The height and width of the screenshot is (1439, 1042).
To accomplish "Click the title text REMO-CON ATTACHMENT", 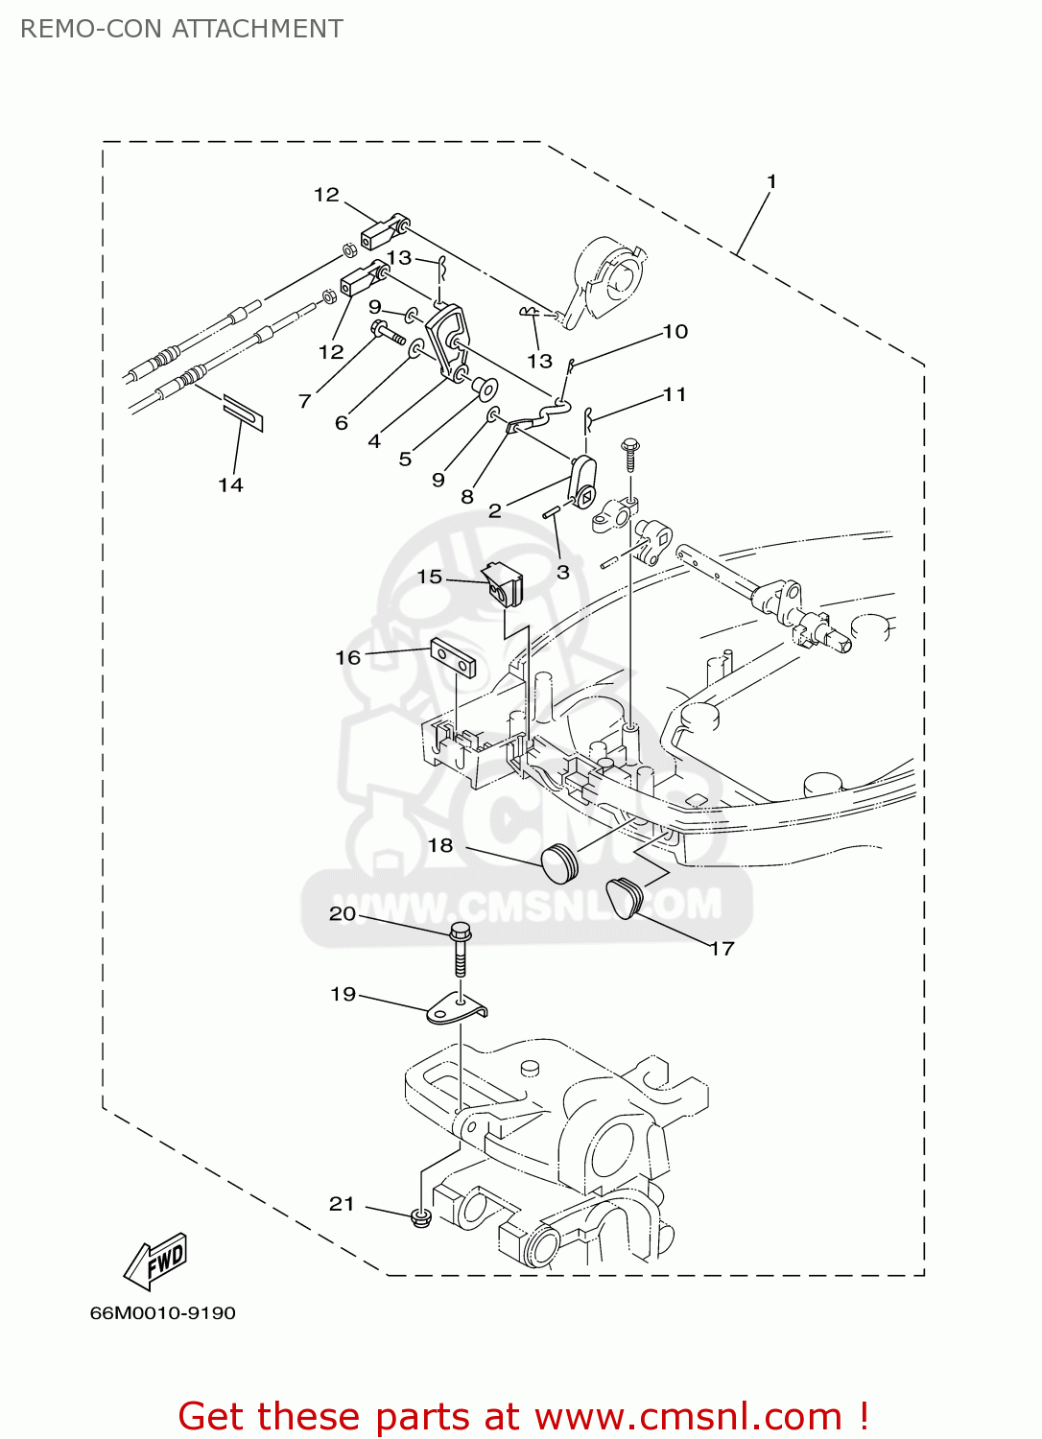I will click(181, 29).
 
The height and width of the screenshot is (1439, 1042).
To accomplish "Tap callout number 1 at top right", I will click(770, 181).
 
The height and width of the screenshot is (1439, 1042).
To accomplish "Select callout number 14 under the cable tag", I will click(230, 485).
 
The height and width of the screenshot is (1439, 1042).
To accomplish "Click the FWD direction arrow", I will click(156, 1261).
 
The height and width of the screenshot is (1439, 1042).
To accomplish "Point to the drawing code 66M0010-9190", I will click(162, 1313).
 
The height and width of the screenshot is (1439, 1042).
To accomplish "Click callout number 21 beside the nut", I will click(342, 1204).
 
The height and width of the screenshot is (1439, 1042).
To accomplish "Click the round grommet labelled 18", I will click(559, 862).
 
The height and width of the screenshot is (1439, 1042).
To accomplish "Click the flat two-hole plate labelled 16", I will click(453, 659).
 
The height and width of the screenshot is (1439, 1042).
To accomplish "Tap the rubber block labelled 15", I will click(504, 583).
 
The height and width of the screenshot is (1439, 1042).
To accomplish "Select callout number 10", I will click(675, 332).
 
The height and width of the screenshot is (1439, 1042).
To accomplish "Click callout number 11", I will click(675, 394).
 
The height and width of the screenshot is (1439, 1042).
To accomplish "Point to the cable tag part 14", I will click(243, 412).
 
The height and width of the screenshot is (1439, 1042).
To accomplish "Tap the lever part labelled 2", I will click(582, 481).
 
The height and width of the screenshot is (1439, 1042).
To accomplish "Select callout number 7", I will click(304, 401).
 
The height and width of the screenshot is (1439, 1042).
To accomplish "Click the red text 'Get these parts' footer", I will click(523, 1416).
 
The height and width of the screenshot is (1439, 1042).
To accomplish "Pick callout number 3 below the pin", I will click(563, 572).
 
